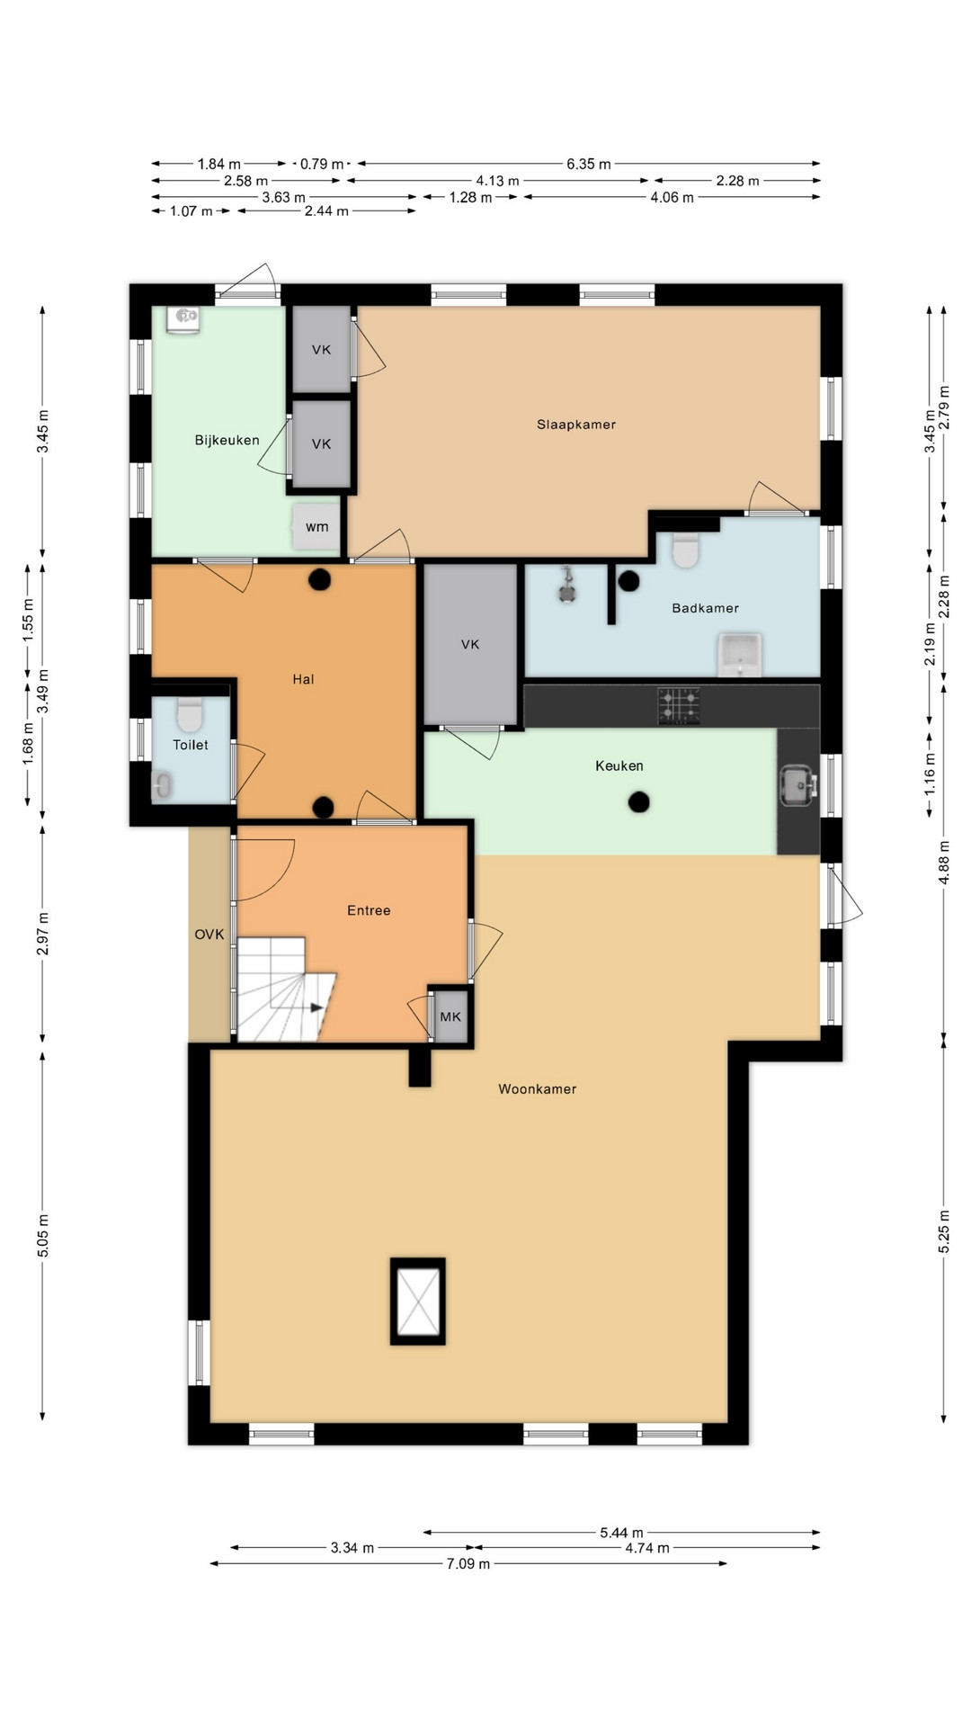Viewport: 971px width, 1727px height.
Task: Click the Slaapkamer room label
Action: pos(576,425)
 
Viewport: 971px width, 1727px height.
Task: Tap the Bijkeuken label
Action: pos(227,440)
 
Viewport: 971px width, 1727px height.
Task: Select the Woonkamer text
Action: pos(538,1089)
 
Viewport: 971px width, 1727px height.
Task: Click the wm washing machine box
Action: pos(316,527)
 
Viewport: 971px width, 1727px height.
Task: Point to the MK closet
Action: pos(450,1016)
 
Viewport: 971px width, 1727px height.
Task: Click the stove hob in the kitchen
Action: pos(679,706)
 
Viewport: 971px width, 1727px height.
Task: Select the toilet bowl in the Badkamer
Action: pos(686,550)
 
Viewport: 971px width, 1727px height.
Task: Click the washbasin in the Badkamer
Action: pos(740,655)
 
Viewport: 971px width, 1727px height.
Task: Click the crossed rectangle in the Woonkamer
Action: pos(418,1302)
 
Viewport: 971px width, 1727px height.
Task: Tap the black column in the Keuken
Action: pos(639,801)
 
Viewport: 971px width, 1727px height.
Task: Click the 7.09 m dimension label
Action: pos(468,1564)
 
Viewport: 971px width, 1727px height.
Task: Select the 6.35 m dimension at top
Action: pos(589,164)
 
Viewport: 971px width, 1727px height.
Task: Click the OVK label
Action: pos(209,935)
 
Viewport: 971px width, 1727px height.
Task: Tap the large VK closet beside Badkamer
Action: pos(470,644)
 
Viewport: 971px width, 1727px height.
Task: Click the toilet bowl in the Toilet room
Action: pos(189,715)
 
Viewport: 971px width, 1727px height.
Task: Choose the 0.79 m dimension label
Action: pos(322,164)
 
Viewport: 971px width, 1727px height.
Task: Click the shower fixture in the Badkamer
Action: pos(567,586)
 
